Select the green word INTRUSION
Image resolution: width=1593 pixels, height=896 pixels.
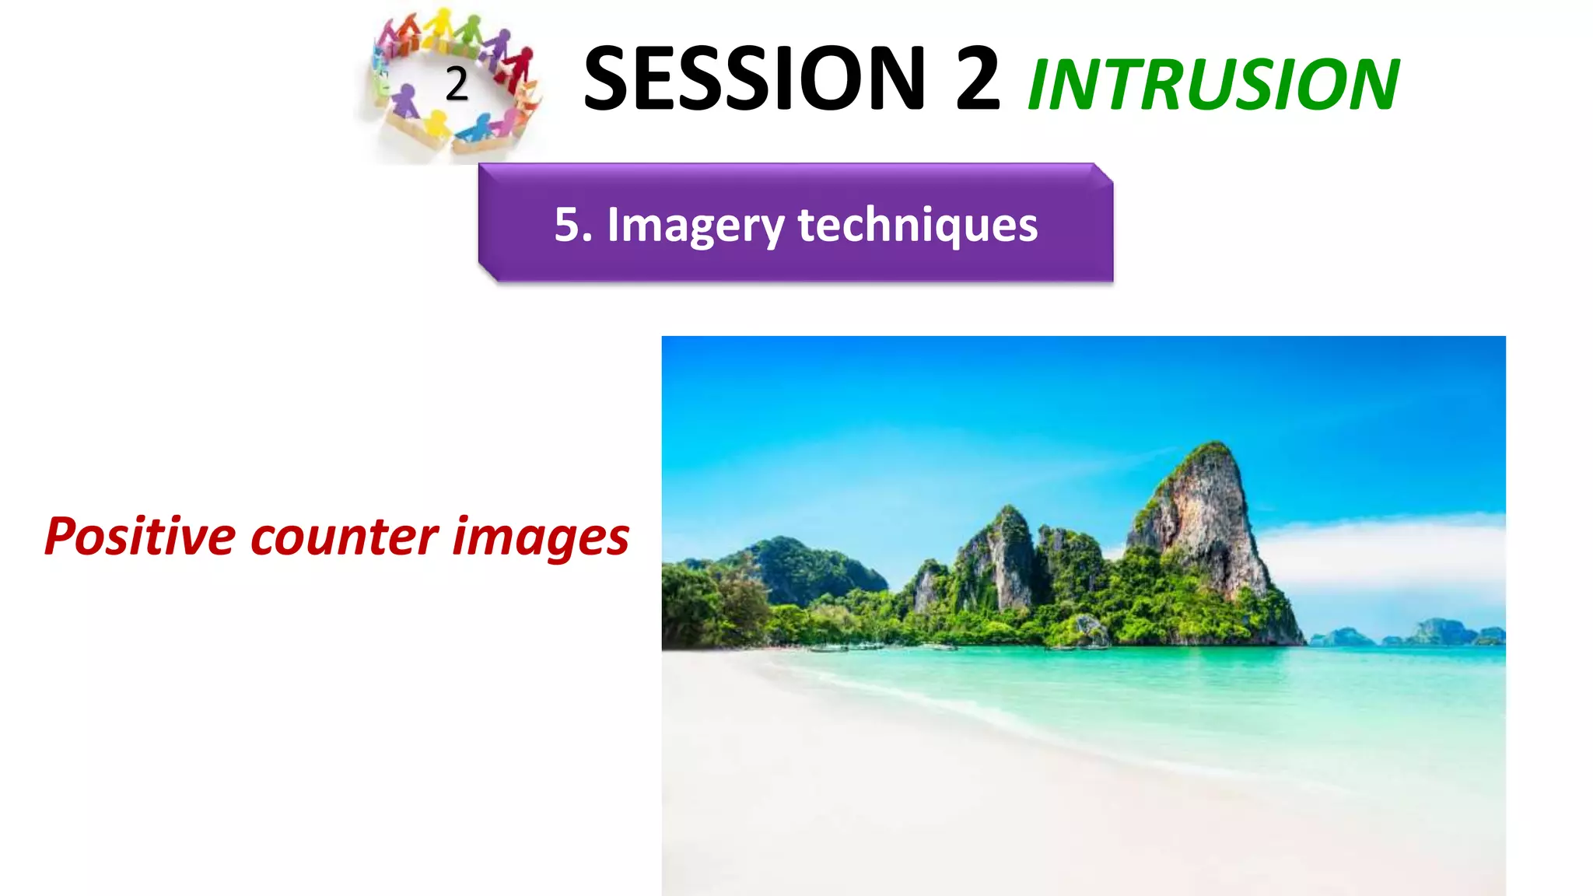point(1213,86)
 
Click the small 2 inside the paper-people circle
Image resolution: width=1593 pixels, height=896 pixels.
point(457,84)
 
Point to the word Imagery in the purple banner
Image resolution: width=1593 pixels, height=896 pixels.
point(695,226)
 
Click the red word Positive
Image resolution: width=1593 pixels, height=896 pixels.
point(140,537)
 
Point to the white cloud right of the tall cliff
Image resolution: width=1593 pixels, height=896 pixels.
point(1385,552)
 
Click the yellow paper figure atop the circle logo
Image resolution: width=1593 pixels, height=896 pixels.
point(443,23)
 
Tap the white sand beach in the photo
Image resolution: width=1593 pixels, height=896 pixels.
point(856,778)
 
